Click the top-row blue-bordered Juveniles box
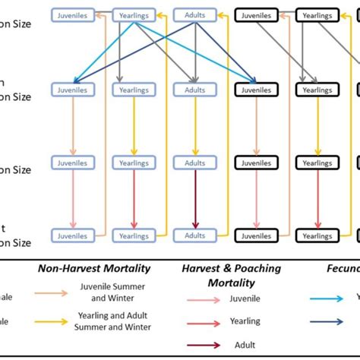pyautogui.click(x=73, y=14)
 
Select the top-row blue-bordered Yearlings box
pyautogui.click(x=134, y=14)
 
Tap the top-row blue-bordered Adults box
pyautogui.click(x=194, y=14)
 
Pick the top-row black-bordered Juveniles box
pyautogui.click(x=256, y=14)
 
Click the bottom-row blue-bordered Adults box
pyautogui.click(x=194, y=235)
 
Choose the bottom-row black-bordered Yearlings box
pyautogui.click(x=317, y=235)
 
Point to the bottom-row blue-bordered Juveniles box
pyautogui.click(x=73, y=235)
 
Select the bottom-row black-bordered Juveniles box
pyautogui.click(x=256, y=235)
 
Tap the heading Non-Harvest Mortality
pyautogui.click(x=94, y=267)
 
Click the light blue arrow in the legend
pyautogui.click(x=327, y=298)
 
